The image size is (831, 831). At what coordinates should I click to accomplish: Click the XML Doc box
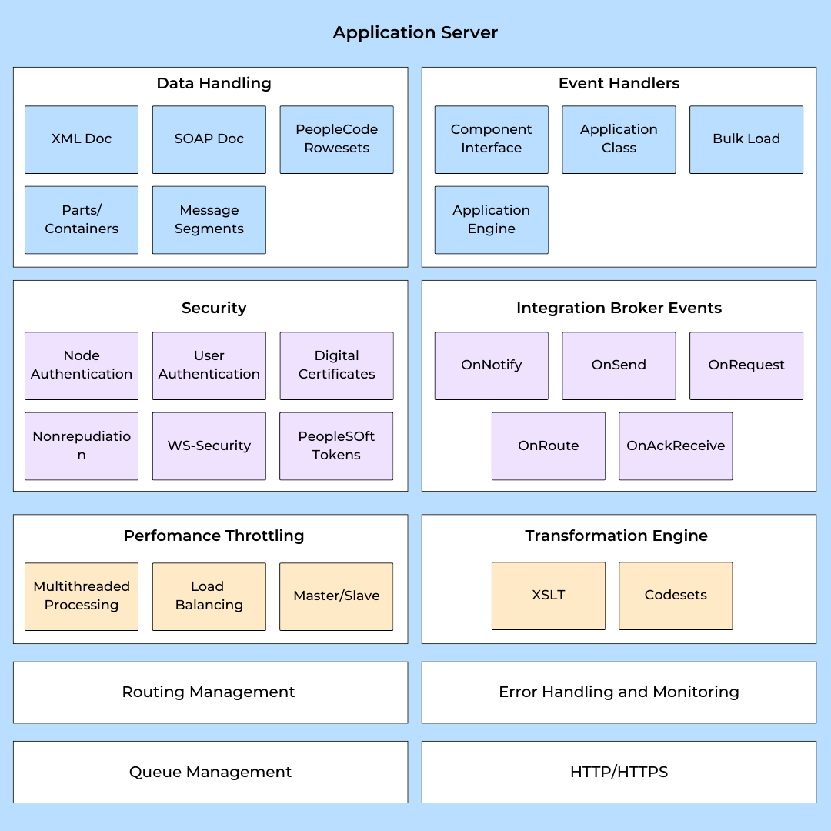tap(82, 139)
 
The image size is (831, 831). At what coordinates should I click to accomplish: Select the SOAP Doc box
tap(209, 139)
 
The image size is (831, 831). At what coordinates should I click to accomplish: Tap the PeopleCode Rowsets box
tap(336, 139)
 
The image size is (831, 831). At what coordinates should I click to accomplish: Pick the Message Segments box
tap(209, 220)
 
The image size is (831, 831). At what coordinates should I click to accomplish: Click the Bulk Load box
tap(746, 139)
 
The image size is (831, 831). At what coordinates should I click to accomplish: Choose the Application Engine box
tap(491, 220)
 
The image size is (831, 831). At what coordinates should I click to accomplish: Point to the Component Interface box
tap(491, 139)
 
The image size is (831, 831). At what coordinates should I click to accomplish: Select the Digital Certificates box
tap(336, 365)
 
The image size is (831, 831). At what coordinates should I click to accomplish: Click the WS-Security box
tap(209, 446)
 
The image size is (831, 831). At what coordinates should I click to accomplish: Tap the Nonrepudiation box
tap(82, 446)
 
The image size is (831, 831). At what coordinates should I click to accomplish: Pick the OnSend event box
tap(619, 365)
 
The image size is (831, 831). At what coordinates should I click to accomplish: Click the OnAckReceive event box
tap(676, 446)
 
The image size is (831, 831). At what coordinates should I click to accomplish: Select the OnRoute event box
tap(548, 446)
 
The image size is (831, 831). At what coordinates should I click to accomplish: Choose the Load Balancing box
tap(209, 596)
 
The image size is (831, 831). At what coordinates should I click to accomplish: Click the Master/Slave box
tap(336, 596)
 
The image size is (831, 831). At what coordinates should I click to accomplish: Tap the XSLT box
tap(548, 596)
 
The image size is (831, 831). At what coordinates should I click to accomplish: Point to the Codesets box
tap(676, 596)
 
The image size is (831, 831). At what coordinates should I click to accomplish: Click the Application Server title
tap(415, 33)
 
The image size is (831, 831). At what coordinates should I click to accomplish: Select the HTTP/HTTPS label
tap(619, 772)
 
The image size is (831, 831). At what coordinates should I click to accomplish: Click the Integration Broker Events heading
tap(619, 309)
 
